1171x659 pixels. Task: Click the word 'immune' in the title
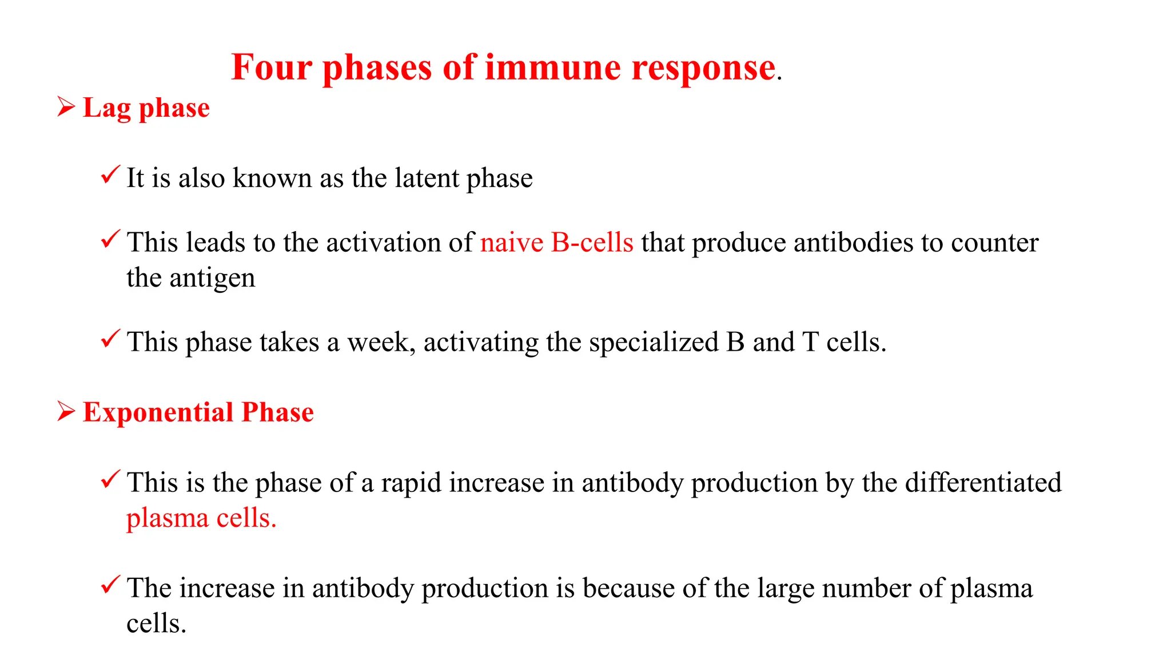tap(552, 68)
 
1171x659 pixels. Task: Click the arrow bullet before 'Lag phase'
tap(66, 107)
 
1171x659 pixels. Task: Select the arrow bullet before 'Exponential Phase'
tap(66, 411)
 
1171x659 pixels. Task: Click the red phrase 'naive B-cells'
tap(556, 243)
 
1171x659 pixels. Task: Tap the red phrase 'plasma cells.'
tap(201, 518)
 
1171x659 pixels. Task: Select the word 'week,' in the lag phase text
tap(381, 342)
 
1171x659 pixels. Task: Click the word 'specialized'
tap(654, 342)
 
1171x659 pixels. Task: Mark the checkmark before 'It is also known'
tap(110, 174)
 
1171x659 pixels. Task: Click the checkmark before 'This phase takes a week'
tap(110, 339)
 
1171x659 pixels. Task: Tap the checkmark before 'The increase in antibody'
tap(110, 585)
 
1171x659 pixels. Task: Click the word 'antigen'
tap(212, 279)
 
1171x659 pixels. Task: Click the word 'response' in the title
tap(703, 69)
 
